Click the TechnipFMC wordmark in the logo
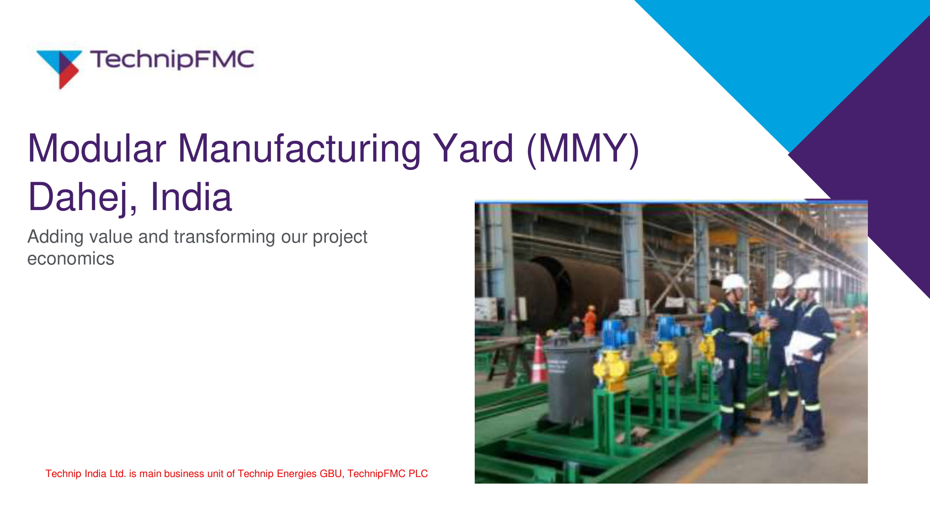(x=172, y=60)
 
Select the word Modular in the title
(x=97, y=148)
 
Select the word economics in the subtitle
(x=71, y=259)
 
